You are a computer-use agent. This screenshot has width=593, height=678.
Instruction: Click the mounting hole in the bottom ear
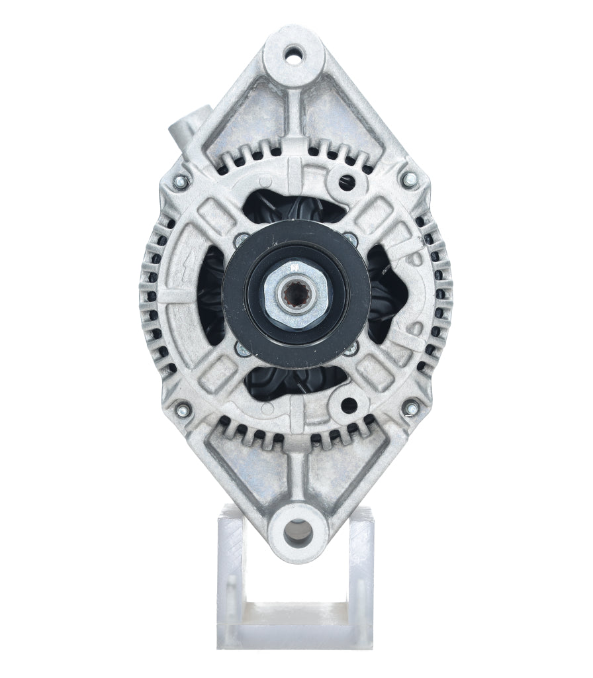click(x=296, y=530)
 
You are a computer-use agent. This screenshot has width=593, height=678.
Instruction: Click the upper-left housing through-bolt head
click(x=181, y=181)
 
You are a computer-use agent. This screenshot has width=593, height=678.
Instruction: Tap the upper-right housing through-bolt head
click(x=410, y=177)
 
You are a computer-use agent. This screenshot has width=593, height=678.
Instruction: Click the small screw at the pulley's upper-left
click(x=242, y=237)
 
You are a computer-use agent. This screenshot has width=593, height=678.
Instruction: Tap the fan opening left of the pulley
click(x=210, y=295)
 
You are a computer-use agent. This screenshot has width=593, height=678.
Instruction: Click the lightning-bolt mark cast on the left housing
click(x=173, y=291)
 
